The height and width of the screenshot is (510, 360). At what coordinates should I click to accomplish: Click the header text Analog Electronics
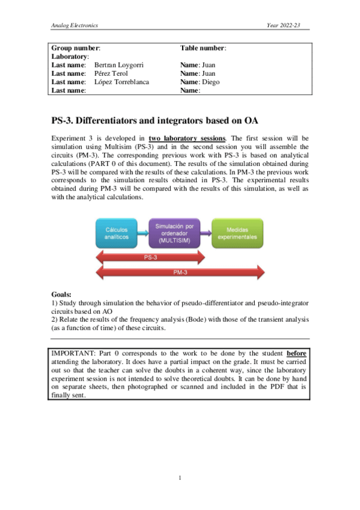tap(75, 25)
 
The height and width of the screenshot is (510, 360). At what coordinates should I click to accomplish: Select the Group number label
tap(75, 47)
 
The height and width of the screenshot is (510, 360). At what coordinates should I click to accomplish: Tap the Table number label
tap(203, 47)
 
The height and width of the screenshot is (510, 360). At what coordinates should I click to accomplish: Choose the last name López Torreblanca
tap(122, 82)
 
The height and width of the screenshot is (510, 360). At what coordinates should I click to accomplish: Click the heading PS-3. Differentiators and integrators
tap(154, 119)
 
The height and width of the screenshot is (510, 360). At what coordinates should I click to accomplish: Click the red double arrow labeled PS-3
tap(151, 257)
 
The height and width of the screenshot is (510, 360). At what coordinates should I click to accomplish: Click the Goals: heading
tap(62, 295)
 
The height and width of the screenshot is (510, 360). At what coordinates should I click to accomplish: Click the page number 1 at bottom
tap(180, 478)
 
